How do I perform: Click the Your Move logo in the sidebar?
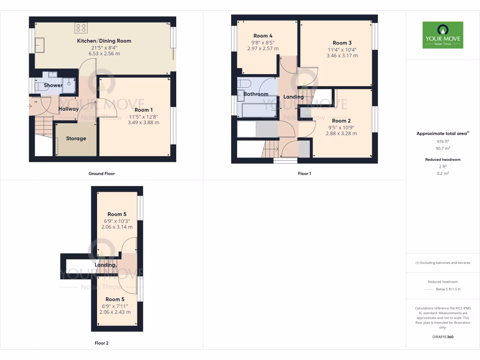442,35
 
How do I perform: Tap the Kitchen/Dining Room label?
104,41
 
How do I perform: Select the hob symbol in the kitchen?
80,28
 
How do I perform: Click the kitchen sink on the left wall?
39,45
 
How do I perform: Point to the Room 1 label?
144,110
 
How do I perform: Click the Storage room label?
76,138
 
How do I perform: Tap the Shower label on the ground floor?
53,85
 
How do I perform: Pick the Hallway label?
68,109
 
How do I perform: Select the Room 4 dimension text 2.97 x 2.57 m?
262,48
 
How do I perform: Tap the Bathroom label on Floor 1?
255,94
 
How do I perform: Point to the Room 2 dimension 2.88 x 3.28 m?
341,133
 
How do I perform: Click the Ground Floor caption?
102,173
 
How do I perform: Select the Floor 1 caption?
304,173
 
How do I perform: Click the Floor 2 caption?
102,343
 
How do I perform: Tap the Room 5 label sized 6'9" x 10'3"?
117,214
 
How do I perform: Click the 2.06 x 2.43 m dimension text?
115,312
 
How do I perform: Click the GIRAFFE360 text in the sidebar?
442,337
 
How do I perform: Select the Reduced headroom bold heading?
442,159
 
